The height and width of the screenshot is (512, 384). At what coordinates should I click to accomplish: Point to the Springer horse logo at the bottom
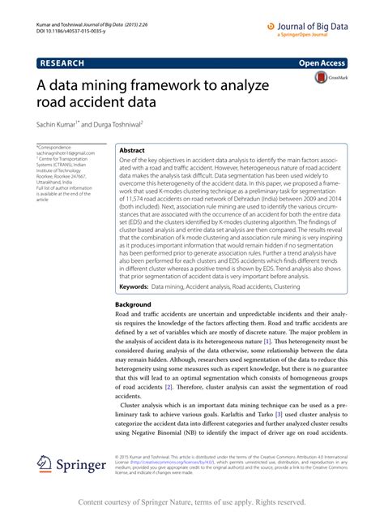(x=47, y=464)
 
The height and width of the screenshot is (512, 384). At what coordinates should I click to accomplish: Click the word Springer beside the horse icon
(x=83, y=466)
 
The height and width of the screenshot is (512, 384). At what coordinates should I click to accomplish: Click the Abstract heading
(x=132, y=151)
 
